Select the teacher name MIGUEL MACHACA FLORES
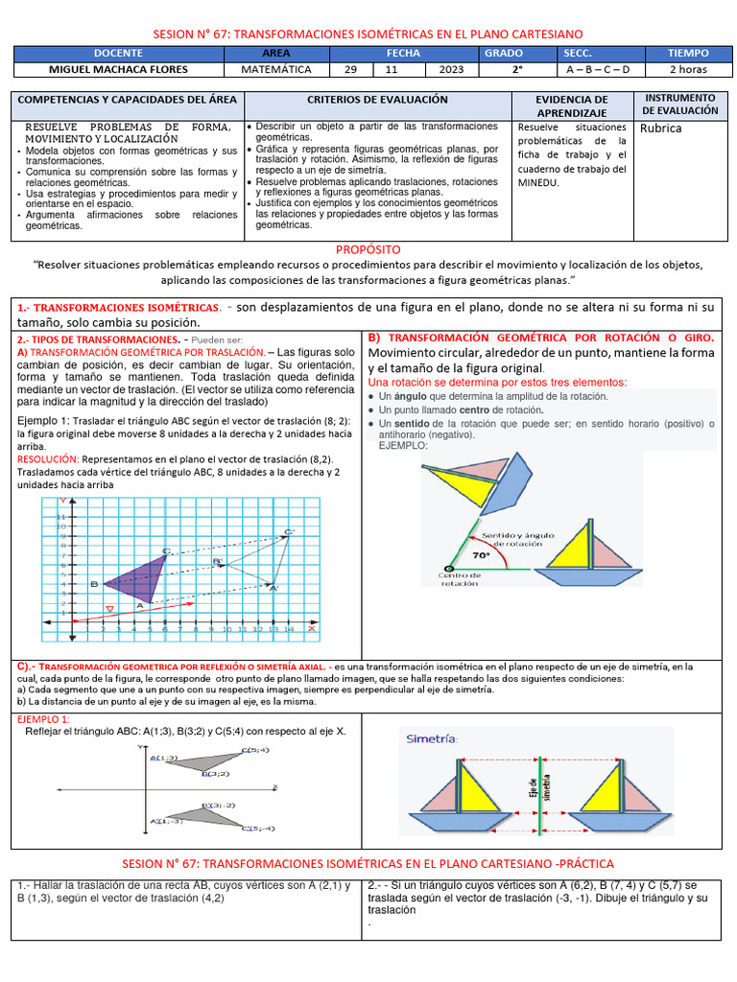[x=119, y=70]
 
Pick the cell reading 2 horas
[x=689, y=70]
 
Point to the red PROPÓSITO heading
[x=368, y=249]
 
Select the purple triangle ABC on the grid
[x=139, y=578]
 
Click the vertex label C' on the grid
[x=290, y=532]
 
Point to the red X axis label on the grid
[x=297, y=628]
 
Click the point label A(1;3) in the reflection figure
[x=163, y=758]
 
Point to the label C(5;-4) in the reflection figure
[x=257, y=828]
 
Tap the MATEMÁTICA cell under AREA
[x=275, y=70]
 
